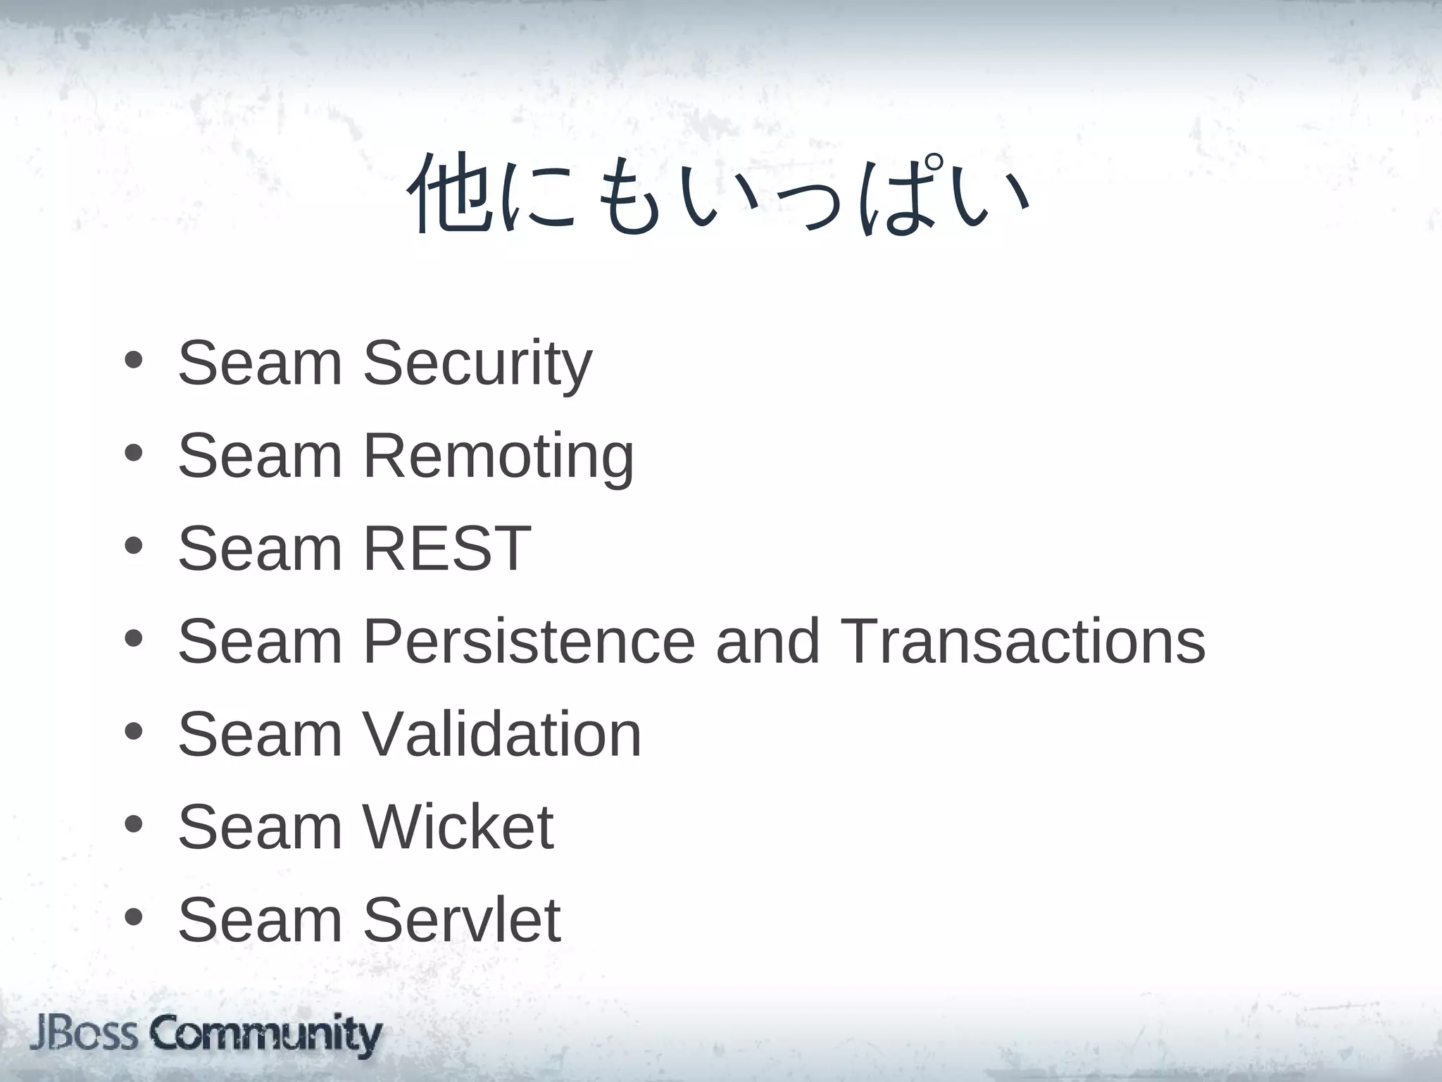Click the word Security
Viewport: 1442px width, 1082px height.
coord(477,364)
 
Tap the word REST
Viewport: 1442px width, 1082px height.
coord(446,548)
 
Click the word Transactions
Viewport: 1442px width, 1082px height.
coord(1022,641)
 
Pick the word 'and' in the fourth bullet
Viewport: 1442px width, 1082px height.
coord(768,641)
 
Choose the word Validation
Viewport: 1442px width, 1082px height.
coord(501,734)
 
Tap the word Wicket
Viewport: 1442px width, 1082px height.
coord(458,827)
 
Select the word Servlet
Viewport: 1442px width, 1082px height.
coord(461,919)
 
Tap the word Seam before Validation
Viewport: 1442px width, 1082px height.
coord(260,734)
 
